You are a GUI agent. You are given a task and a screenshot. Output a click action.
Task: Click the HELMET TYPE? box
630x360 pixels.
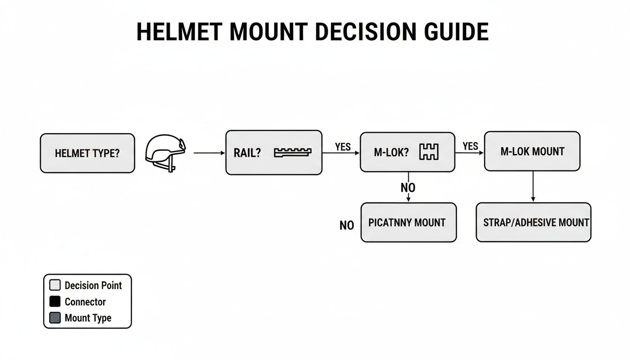pyautogui.click(x=87, y=153)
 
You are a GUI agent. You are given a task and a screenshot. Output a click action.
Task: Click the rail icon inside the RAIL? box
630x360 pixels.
pyautogui.click(x=292, y=152)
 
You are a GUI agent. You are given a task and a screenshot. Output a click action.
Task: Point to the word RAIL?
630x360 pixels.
pyautogui.click(x=247, y=153)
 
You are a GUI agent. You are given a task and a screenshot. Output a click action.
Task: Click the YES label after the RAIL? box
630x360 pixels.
pyautogui.click(x=343, y=147)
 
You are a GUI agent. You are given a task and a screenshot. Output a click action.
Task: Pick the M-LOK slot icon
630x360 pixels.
pyautogui.click(x=428, y=151)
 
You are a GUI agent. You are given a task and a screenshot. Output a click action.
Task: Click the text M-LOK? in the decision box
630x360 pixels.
pyautogui.click(x=391, y=152)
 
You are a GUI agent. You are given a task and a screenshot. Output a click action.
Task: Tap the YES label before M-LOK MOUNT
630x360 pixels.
pyautogui.click(x=470, y=146)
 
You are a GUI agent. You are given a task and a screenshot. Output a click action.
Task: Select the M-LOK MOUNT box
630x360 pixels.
pyautogui.click(x=532, y=151)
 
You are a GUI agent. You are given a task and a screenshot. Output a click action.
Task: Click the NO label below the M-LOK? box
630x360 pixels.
pyautogui.click(x=408, y=188)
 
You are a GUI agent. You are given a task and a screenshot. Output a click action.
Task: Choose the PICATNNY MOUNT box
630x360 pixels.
pyautogui.click(x=408, y=222)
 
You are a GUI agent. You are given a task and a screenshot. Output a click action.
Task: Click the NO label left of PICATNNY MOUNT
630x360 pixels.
pyautogui.click(x=346, y=226)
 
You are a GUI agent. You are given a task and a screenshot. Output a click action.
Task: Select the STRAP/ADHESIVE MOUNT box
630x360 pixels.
pyautogui.click(x=533, y=222)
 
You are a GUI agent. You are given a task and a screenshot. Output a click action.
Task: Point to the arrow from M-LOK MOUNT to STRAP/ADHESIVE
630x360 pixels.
pyautogui.click(x=533, y=187)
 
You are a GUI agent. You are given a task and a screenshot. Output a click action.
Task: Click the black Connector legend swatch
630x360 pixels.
pyautogui.click(x=55, y=302)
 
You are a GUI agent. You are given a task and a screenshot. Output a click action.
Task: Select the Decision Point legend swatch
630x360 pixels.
pyautogui.click(x=55, y=285)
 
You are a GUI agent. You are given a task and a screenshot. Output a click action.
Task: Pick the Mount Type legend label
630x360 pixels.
pyautogui.click(x=88, y=318)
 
